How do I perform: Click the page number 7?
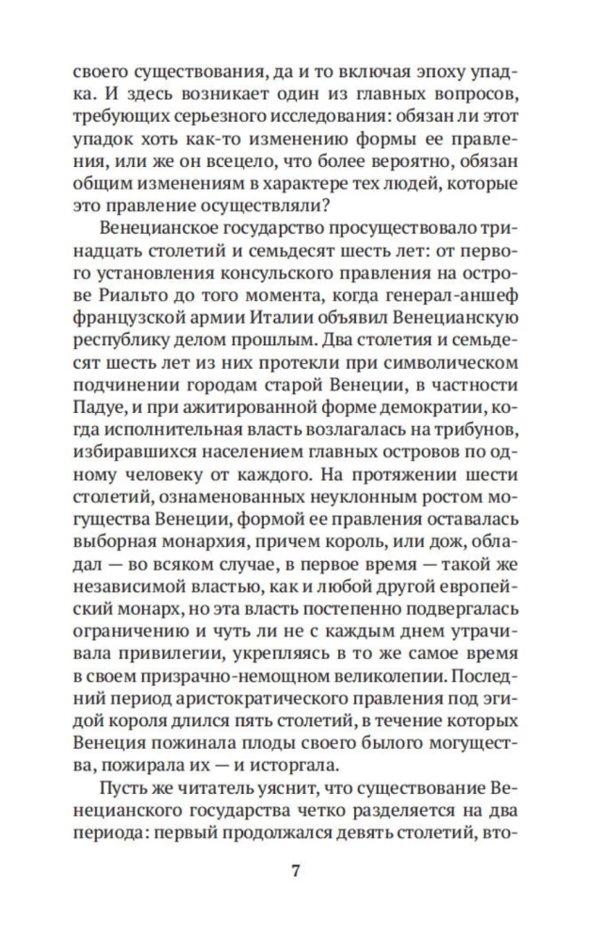(x=301, y=870)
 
